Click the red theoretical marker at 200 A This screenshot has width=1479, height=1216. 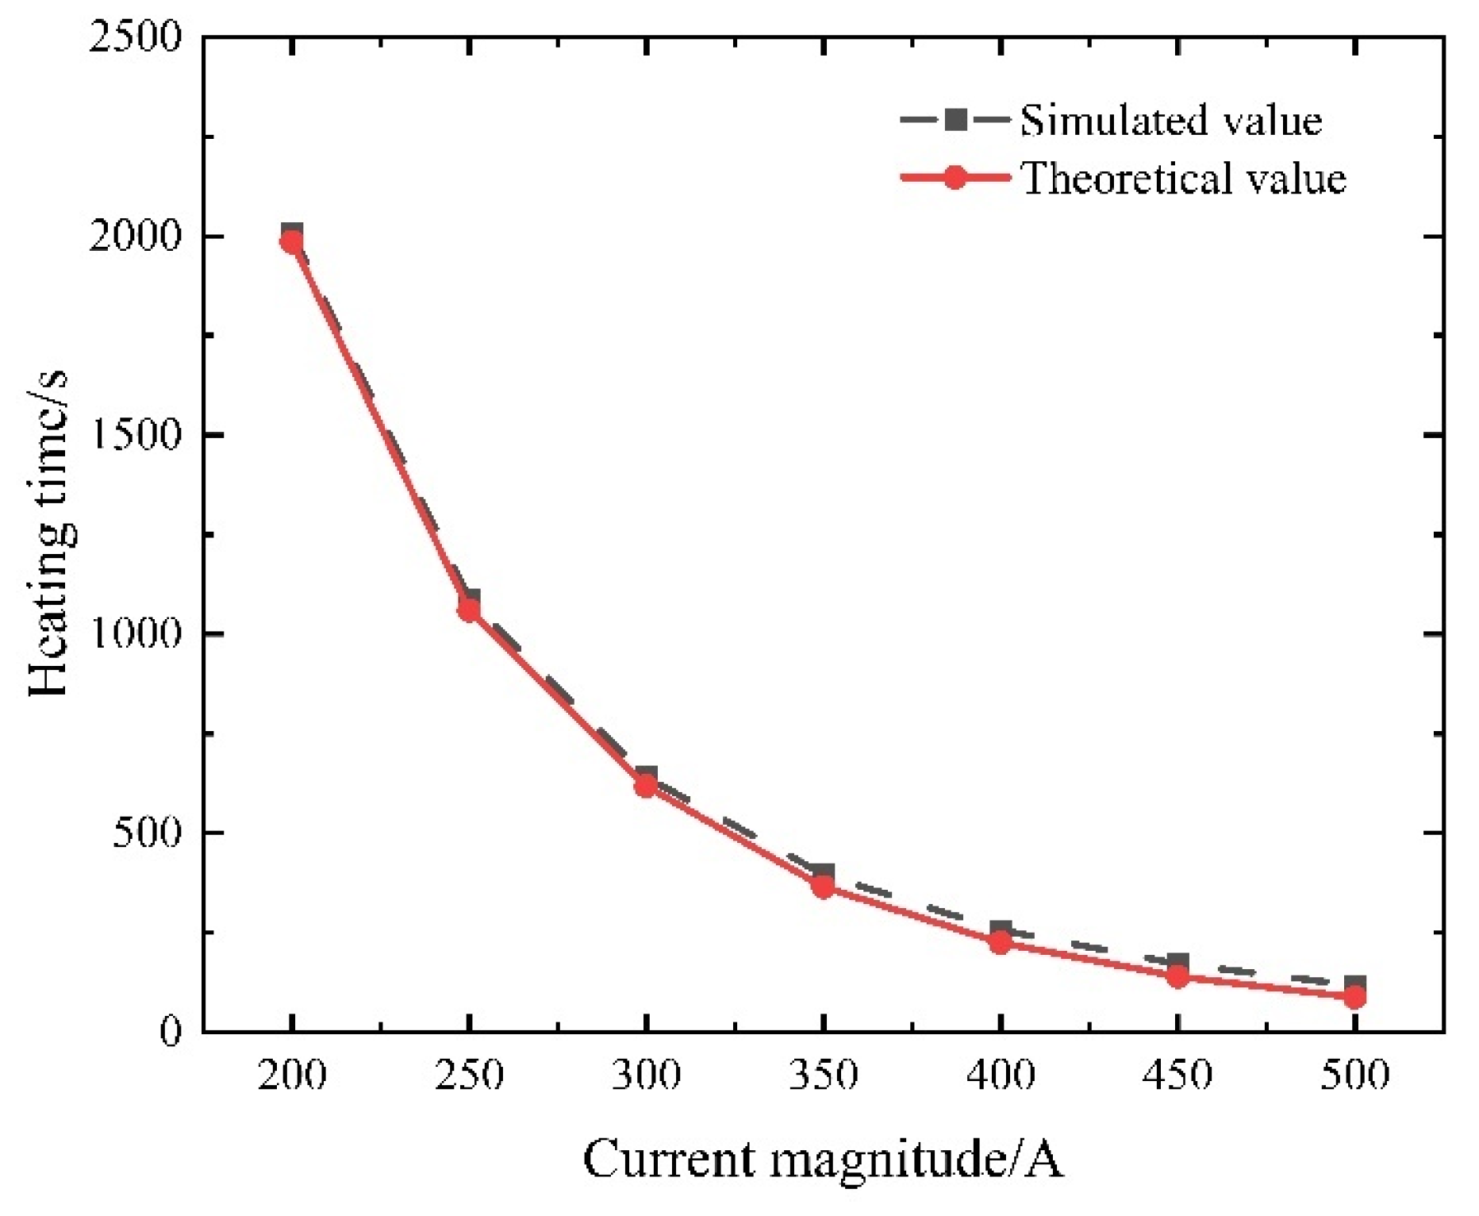[x=292, y=241]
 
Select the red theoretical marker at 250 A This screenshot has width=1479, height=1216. [x=469, y=610]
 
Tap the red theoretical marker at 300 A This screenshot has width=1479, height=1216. [x=646, y=786]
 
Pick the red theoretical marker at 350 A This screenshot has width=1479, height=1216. [x=823, y=886]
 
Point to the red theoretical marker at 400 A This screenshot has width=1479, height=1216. [x=1001, y=942]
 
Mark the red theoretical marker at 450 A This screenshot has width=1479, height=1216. [x=1177, y=975]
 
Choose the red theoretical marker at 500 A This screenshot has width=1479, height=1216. [x=1354, y=996]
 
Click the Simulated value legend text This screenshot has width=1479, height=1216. [x=1170, y=121]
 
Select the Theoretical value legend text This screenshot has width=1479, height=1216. [x=1183, y=178]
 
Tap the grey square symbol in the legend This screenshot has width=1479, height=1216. [x=956, y=121]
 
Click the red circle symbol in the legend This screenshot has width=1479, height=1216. [x=956, y=177]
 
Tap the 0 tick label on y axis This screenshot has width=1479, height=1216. [x=170, y=1031]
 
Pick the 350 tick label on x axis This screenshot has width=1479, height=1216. [x=823, y=1076]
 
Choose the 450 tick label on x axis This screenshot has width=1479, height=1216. [x=1177, y=1076]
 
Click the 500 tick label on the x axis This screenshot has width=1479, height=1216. [x=1354, y=1076]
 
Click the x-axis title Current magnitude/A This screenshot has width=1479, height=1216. [x=823, y=1160]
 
